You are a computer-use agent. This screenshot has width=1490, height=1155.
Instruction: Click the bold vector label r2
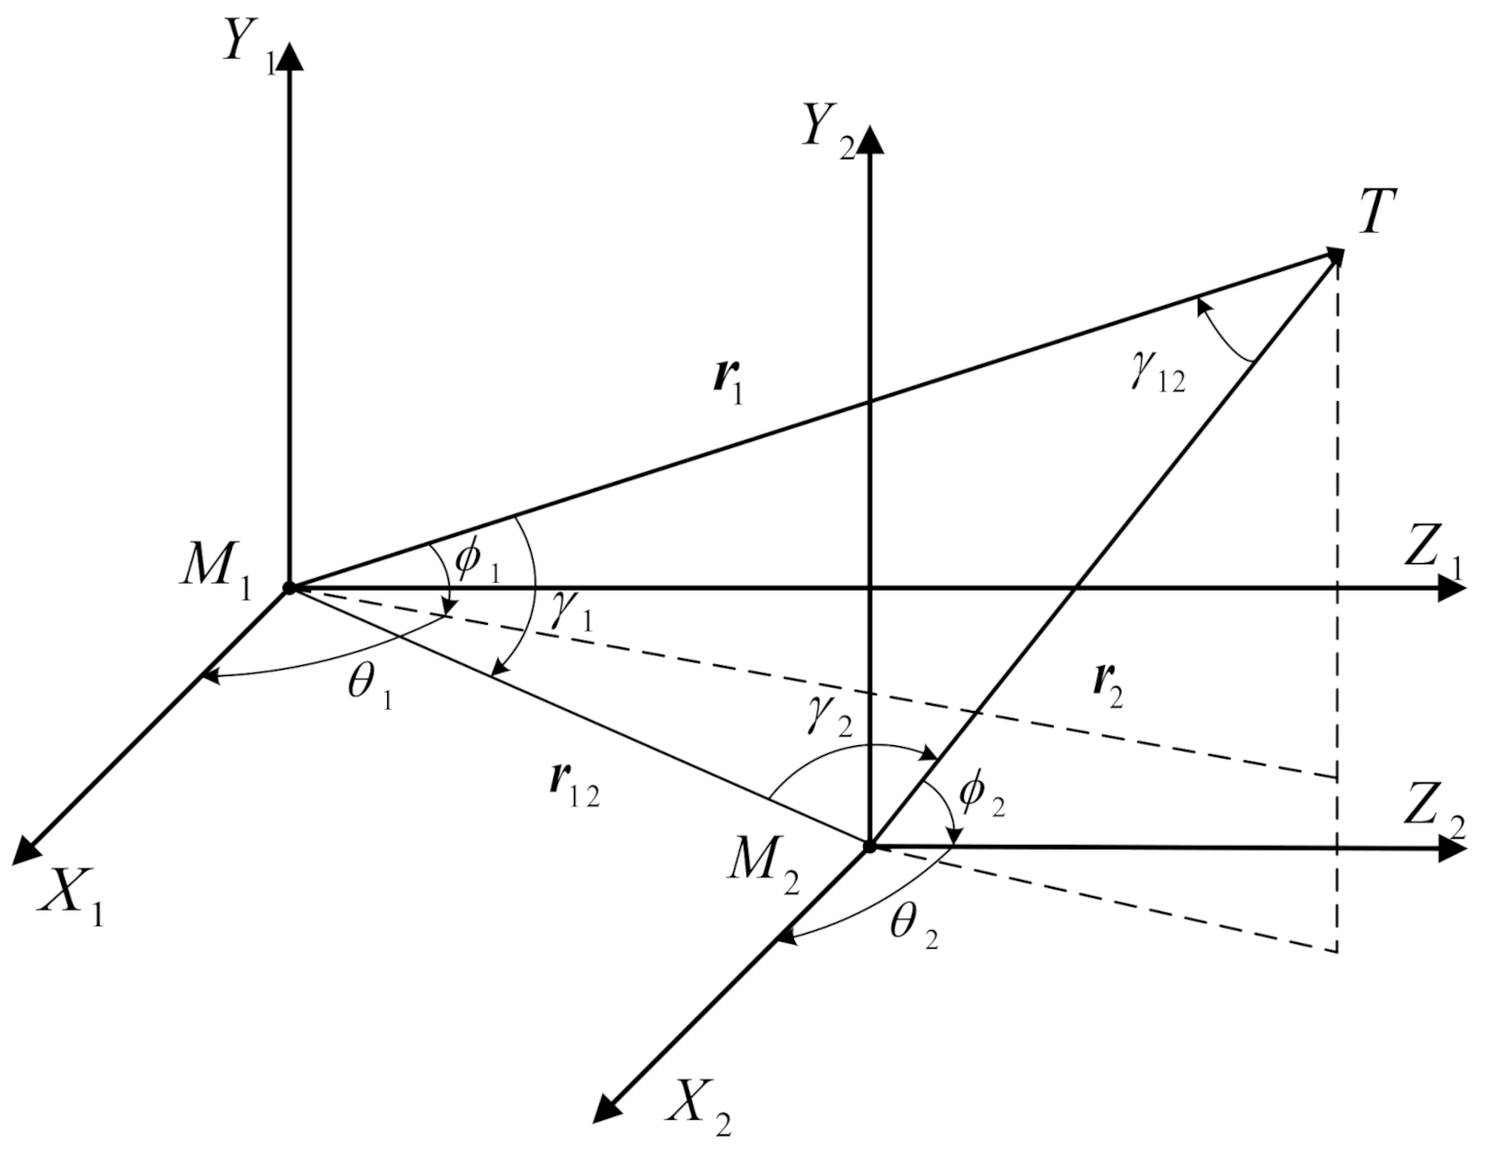pos(1107,684)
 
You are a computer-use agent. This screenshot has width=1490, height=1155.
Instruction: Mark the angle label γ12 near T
pos(1159,375)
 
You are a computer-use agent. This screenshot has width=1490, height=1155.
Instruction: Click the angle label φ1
pos(478,560)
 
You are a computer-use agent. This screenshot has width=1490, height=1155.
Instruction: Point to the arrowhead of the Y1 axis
pos(289,58)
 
